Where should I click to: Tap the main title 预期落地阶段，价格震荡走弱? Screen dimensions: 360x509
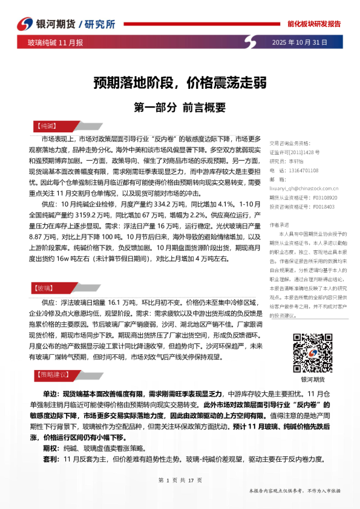180,82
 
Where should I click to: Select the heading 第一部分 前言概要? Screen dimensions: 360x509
179,108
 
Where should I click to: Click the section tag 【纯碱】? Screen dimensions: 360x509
43,126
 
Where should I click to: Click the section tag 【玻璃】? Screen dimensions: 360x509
43,271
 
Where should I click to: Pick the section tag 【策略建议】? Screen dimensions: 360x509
51,374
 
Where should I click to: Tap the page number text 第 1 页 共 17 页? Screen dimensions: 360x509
180,480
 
